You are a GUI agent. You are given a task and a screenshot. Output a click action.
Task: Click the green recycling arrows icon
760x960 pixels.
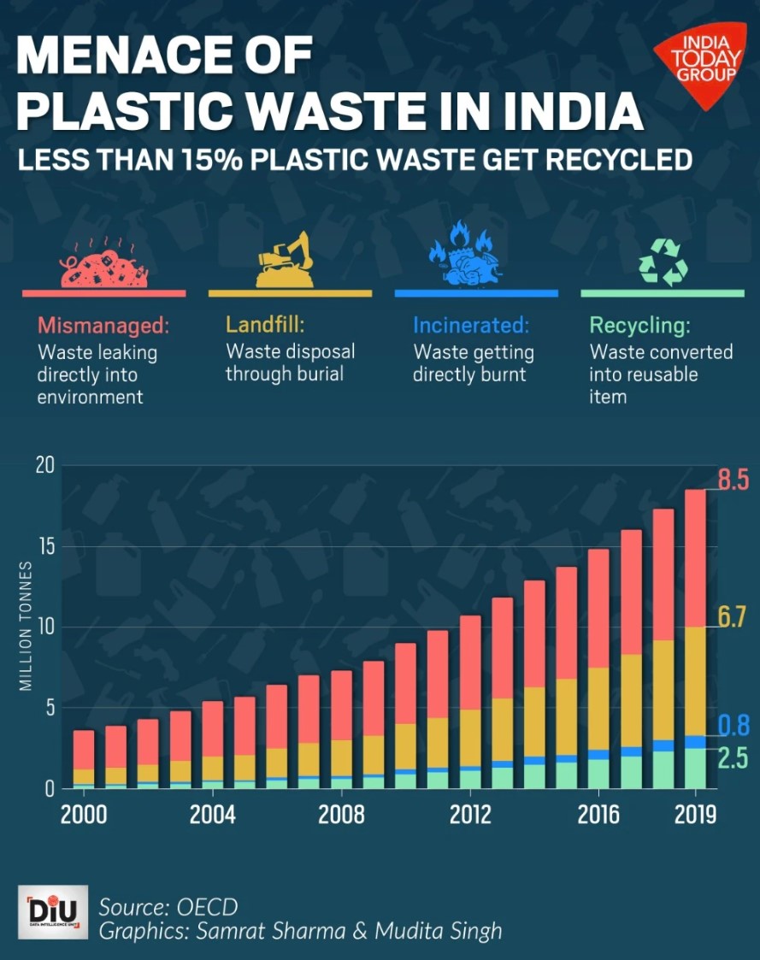point(663,261)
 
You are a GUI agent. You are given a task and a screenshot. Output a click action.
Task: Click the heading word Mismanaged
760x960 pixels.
point(103,326)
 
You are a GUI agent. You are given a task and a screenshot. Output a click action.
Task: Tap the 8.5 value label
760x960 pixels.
point(733,480)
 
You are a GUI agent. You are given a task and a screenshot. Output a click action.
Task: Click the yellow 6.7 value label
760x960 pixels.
point(733,616)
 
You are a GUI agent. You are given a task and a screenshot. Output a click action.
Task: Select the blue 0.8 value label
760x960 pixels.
point(733,726)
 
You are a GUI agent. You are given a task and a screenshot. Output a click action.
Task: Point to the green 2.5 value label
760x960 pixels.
point(733,758)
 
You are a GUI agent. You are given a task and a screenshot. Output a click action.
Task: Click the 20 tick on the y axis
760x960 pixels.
point(44,466)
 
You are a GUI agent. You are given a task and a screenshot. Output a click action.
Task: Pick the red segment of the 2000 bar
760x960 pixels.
point(84,750)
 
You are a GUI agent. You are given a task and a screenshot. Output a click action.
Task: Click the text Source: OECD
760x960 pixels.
point(168,906)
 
